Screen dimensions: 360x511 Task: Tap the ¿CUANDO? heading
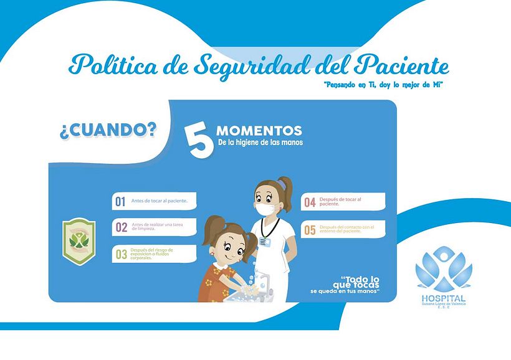(108, 130)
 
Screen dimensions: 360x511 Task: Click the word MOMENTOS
(259, 131)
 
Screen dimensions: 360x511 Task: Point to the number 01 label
(120, 201)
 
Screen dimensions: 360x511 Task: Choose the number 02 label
(121, 227)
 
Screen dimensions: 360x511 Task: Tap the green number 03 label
(121, 253)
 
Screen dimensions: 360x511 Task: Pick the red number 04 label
(310, 202)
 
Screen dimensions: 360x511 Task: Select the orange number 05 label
(310, 230)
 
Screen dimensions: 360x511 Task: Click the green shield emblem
(78, 240)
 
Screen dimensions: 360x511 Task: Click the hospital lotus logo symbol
(444, 269)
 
